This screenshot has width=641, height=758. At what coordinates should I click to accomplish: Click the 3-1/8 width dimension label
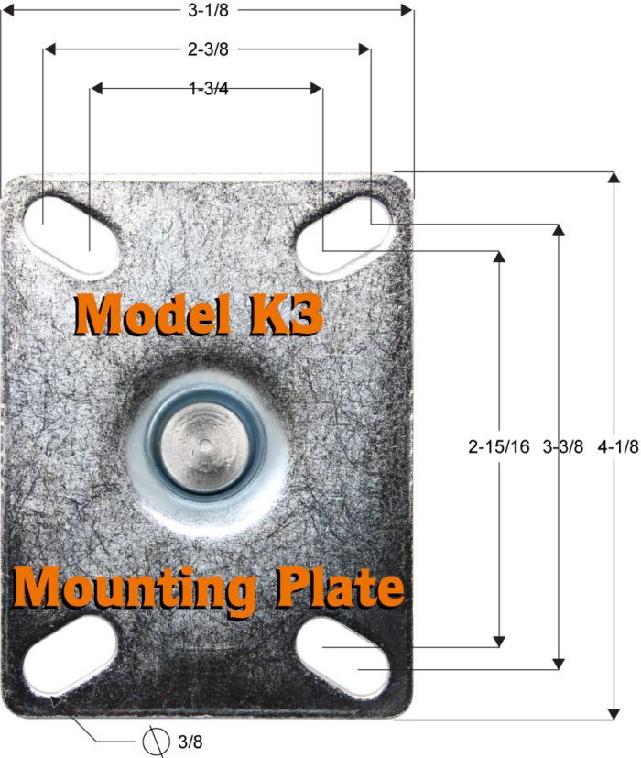[x=206, y=9]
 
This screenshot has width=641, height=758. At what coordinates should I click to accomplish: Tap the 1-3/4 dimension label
[x=207, y=89]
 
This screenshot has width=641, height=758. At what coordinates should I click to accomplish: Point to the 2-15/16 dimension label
[x=497, y=447]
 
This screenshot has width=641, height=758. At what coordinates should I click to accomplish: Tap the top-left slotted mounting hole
[x=70, y=224]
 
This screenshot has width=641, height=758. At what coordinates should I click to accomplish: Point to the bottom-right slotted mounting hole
[x=343, y=656]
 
